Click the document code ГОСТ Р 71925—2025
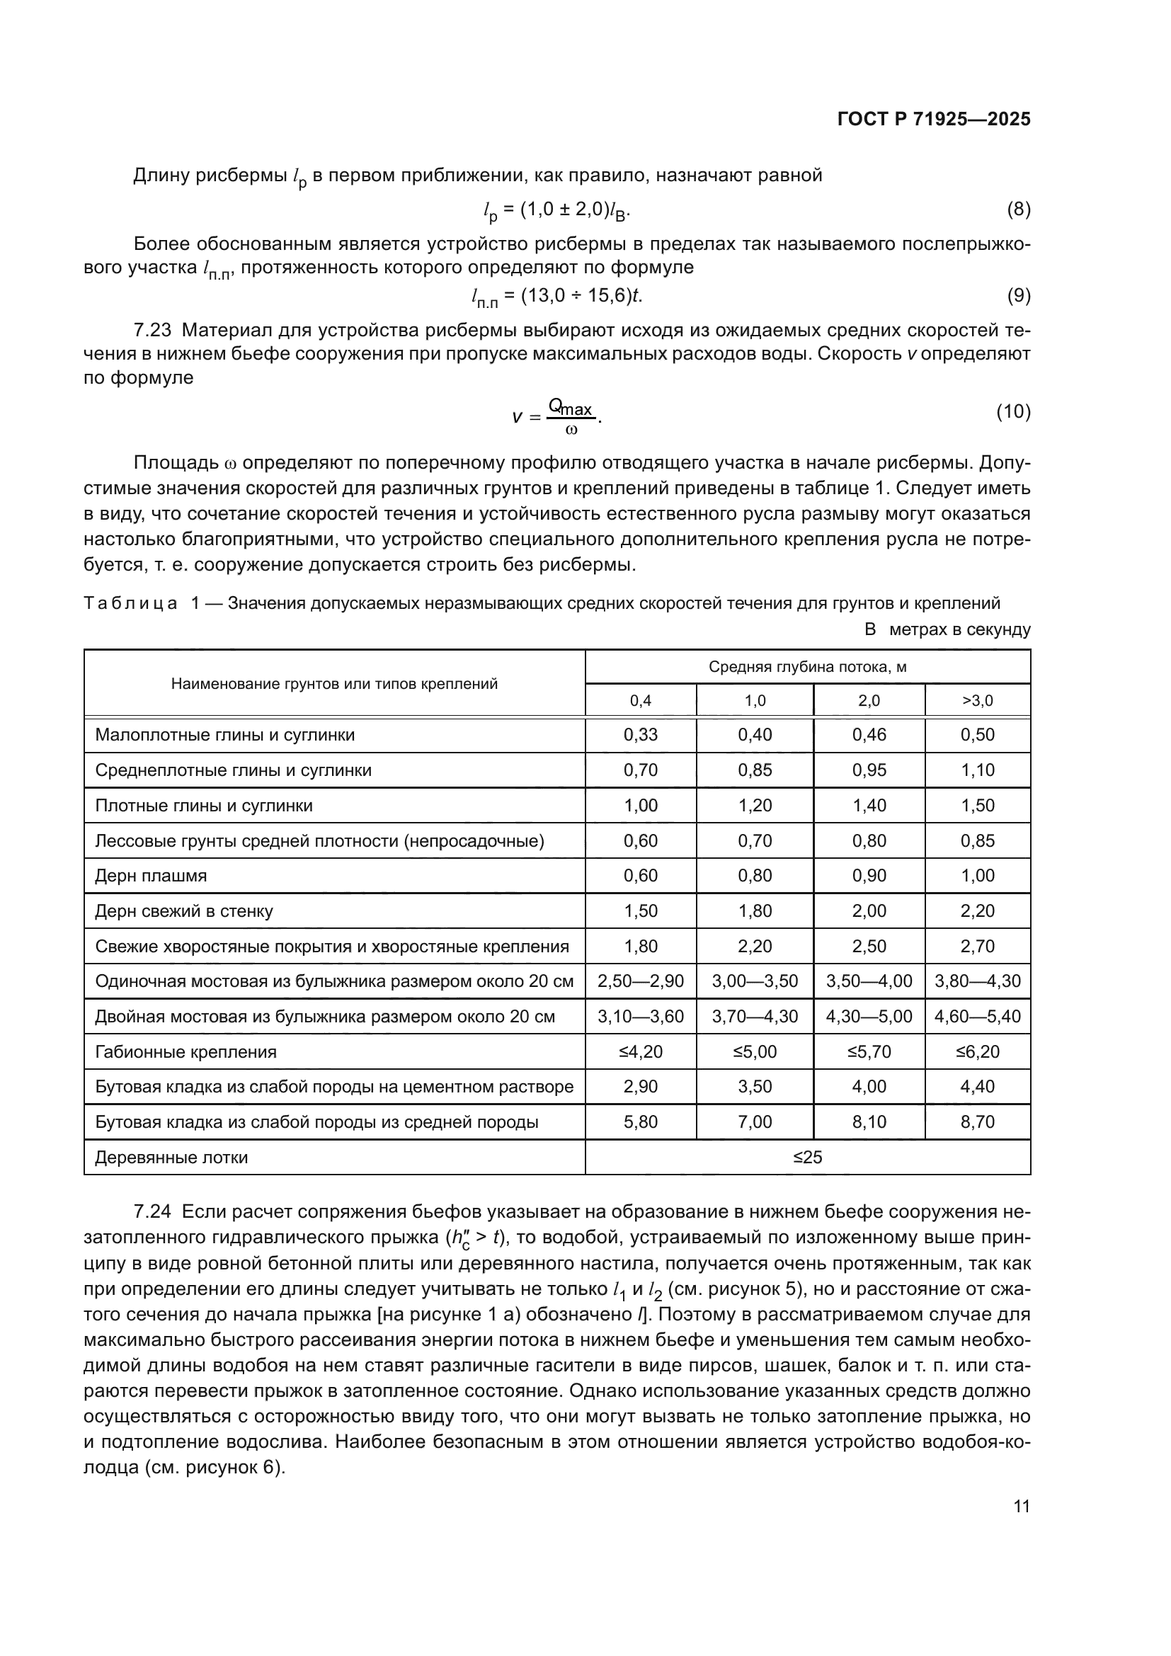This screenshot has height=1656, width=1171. (x=934, y=120)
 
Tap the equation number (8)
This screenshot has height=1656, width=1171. (x=1018, y=210)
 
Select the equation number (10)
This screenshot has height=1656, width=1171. (x=1013, y=412)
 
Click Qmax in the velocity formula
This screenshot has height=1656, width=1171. (x=571, y=409)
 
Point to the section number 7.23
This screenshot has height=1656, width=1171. (x=153, y=331)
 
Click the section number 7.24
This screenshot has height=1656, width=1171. (x=153, y=1211)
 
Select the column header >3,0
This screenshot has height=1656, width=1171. (x=977, y=700)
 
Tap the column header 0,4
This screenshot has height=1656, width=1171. (x=640, y=700)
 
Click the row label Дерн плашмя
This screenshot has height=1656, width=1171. (x=151, y=876)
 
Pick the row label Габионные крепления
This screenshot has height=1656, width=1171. (x=185, y=1051)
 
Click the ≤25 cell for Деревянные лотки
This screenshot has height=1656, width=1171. (x=808, y=1158)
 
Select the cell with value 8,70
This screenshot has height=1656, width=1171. (x=977, y=1122)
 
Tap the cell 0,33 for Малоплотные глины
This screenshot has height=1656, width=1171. (x=640, y=735)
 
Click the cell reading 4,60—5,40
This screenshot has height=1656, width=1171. (x=977, y=1016)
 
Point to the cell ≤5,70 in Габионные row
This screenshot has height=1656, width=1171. (x=869, y=1051)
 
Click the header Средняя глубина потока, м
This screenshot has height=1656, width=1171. (x=808, y=666)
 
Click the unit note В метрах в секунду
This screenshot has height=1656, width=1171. (x=947, y=629)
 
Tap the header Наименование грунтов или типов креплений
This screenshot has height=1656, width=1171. (x=334, y=684)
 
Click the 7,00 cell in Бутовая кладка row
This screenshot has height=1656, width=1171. (x=754, y=1122)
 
